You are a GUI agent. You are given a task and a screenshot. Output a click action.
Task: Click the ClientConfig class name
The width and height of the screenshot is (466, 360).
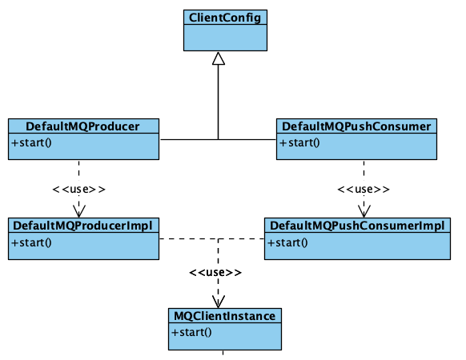click(x=225, y=17)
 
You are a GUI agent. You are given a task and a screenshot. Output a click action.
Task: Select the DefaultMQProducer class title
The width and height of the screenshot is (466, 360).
click(x=83, y=126)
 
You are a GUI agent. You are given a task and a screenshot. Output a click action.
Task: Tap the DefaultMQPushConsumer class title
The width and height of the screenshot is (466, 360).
click(x=356, y=126)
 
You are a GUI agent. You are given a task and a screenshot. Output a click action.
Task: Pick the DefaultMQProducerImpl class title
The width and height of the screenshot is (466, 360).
click(x=83, y=226)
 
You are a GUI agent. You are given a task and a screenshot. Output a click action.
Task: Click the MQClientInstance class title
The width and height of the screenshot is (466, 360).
click(x=225, y=316)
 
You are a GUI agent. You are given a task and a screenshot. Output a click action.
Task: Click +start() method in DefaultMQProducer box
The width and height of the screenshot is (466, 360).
click(x=31, y=143)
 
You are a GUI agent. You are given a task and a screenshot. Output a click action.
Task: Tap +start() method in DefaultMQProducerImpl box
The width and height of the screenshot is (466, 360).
click(x=31, y=242)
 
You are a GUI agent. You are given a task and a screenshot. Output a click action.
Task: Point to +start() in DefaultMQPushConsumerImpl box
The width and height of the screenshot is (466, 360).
click(x=286, y=242)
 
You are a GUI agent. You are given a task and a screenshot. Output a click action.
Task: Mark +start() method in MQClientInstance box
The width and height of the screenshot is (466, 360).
click(x=191, y=333)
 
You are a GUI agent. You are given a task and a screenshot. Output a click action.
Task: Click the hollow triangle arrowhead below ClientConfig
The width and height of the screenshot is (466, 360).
click(x=218, y=58)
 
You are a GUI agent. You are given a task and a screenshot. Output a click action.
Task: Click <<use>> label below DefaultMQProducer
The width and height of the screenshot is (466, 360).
click(x=78, y=190)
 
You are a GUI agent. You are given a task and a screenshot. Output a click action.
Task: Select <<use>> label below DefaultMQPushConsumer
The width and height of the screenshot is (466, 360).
click(x=364, y=190)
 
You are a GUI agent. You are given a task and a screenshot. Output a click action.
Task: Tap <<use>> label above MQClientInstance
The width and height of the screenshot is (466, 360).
click(x=215, y=273)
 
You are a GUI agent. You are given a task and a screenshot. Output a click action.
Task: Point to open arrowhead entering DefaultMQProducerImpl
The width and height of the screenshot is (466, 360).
click(x=78, y=211)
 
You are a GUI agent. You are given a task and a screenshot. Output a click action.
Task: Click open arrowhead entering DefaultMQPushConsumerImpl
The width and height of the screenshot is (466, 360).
click(x=364, y=211)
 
